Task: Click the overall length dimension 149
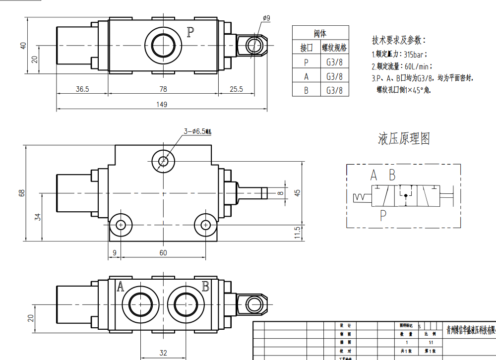(x=162, y=104)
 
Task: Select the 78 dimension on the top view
(x=163, y=89)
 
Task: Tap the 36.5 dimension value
(x=82, y=89)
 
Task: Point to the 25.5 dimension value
(x=237, y=89)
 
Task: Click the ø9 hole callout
(x=266, y=18)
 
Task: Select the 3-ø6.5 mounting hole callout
(x=197, y=131)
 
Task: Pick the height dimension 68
(x=21, y=193)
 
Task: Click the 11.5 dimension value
(x=297, y=232)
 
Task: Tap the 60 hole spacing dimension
(x=163, y=253)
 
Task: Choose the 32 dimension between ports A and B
(x=163, y=353)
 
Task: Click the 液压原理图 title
(x=404, y=139)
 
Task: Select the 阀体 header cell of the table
(x=320, y=34)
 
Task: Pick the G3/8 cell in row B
(x=334, y=90)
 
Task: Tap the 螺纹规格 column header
(x=334, y=48)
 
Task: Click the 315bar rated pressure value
(x=415, y=55)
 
